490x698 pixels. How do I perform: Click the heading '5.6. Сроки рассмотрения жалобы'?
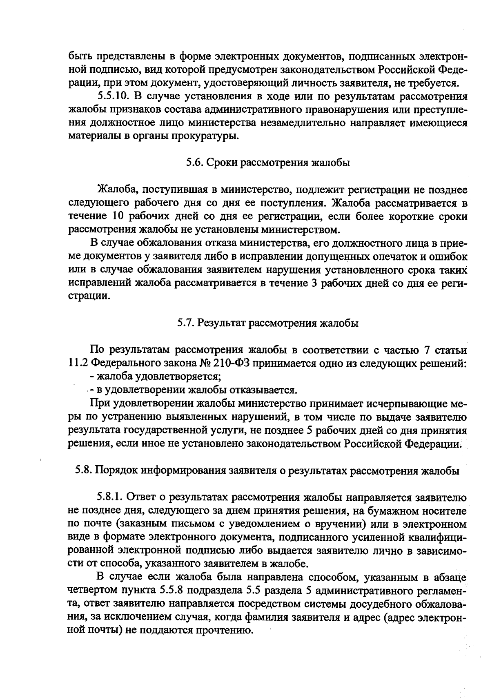[268, 163]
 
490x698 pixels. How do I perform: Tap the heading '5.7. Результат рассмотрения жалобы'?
[268, 323]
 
